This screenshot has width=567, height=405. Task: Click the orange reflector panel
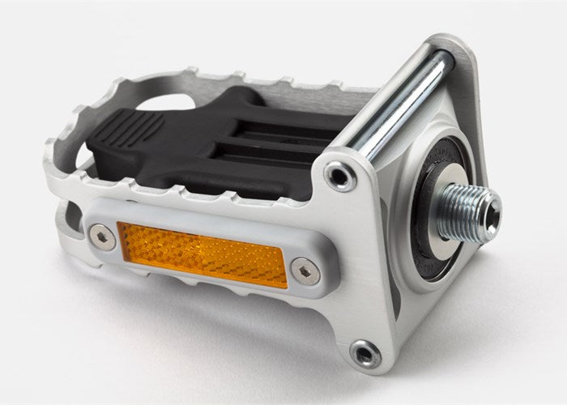(202, 253)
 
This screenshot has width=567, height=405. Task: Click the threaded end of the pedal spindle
(470, 213)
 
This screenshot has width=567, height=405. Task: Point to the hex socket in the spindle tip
(489, 212)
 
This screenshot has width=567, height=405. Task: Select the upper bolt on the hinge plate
(339, 175)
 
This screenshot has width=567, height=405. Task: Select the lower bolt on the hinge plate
(365, 353)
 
